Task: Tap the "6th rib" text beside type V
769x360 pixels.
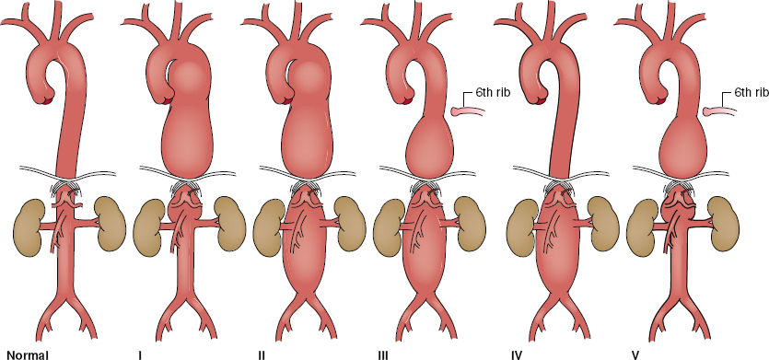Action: pos(752,94)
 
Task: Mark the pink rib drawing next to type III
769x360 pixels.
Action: pos(472,111)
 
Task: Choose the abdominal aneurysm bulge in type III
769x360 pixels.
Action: pos(434,267)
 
